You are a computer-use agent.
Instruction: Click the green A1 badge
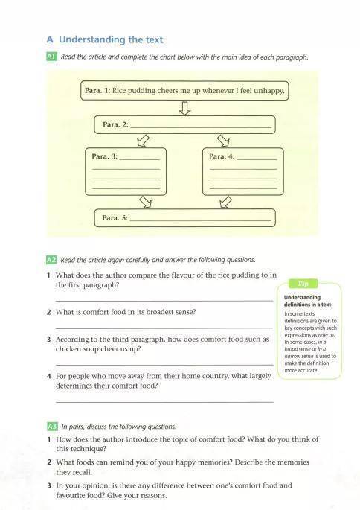(52, 57)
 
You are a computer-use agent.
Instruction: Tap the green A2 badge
(51, 260)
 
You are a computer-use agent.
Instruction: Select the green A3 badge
(52, 427)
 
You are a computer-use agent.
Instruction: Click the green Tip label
(303, 284)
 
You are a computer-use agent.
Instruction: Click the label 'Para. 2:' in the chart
(115, 124)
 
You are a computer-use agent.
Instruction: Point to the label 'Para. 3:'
(104, 156)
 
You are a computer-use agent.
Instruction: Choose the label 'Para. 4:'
(222, 156)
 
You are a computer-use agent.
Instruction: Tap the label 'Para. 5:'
(115, 218)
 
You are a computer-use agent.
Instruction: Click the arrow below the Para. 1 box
(185, 108)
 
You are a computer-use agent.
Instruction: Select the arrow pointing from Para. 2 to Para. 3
(143, 141)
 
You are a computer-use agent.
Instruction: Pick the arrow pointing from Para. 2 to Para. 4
(223, 141)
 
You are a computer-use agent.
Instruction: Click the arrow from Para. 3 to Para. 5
(146, 202)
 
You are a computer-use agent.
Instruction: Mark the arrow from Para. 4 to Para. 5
(226, 202)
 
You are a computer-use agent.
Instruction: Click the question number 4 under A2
(49, 376)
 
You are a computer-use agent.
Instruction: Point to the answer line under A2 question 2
(164, 328)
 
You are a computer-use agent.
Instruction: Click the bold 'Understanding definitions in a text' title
(307, 301)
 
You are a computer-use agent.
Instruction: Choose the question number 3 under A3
(49, 485)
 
